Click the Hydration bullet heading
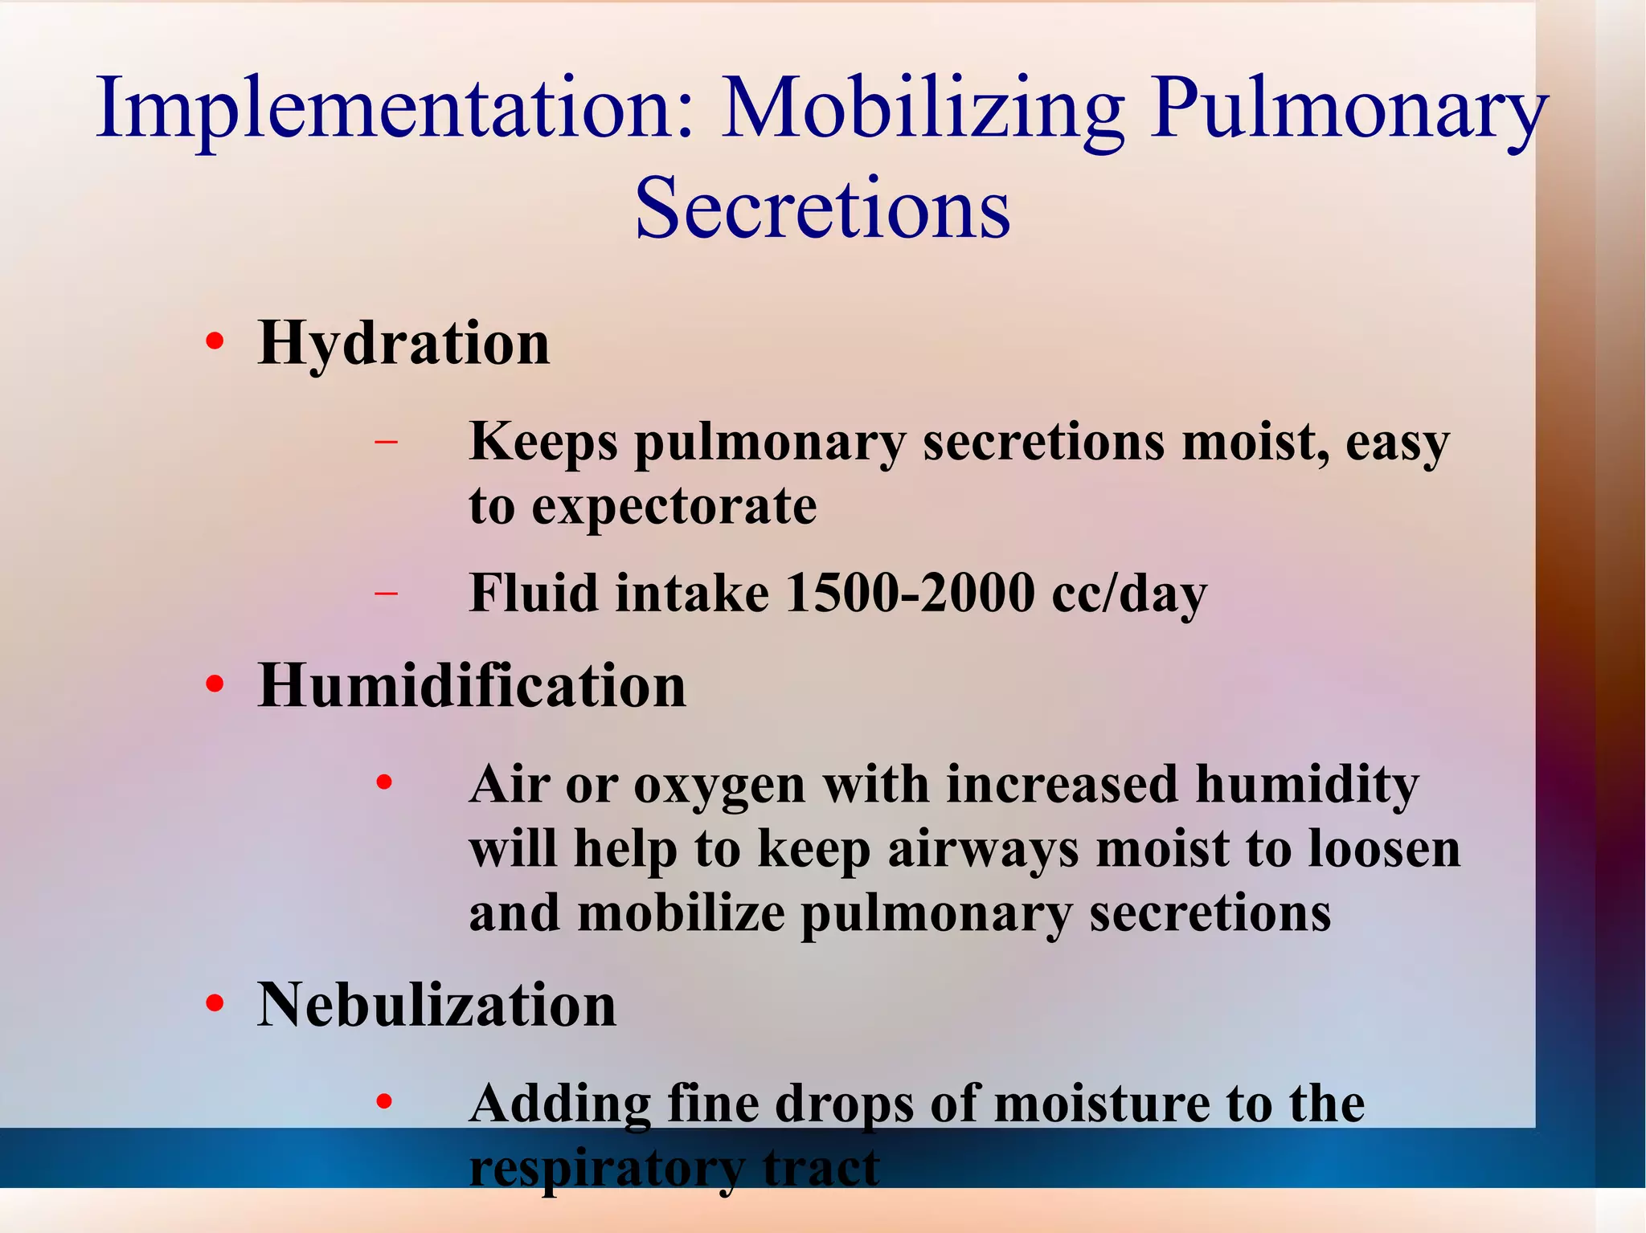[x=403, y=344]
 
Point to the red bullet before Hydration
[x=214, y=343]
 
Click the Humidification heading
[x=472, y=686]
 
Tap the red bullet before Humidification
[x=214, y=685]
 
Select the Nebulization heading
[x=436, y=1005]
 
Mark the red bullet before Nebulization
[x=214, y=1004]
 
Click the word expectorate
[x=674, y=507]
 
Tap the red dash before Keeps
[x=387, y=442]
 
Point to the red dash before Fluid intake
[x=387, y=594]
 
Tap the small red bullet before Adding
[x=385, y=1102]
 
